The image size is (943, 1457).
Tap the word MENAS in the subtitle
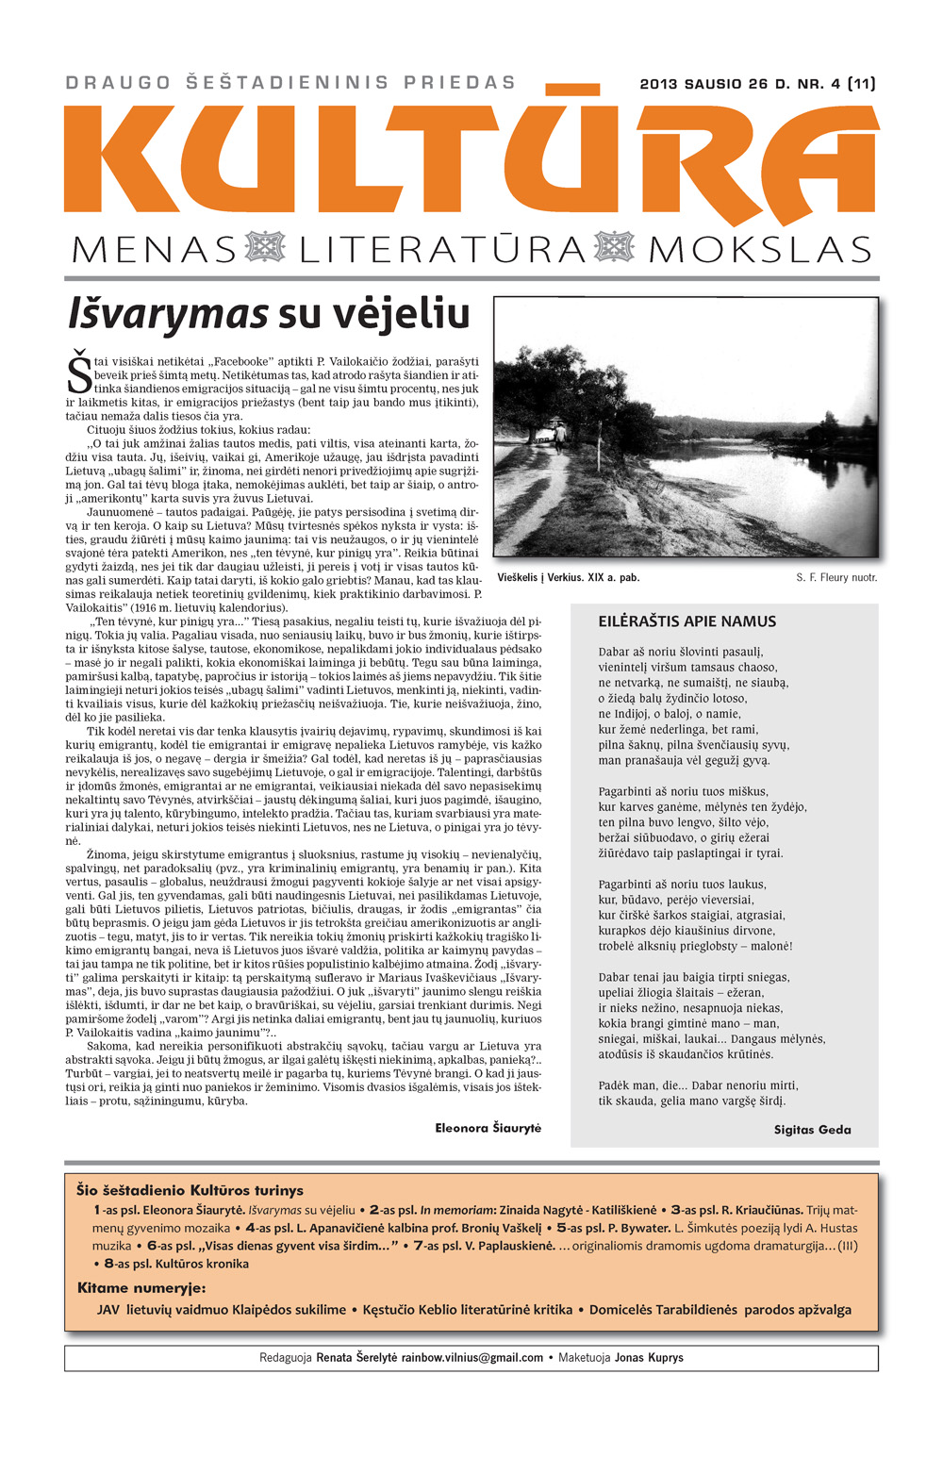point(154,250)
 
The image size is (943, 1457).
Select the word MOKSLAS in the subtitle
point(760,250)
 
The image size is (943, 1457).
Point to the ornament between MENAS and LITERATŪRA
point(264,248)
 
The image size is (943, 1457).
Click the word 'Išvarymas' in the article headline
point(169,315)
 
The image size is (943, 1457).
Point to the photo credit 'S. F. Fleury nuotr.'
point(836,577)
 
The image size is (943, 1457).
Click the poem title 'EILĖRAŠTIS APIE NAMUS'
point(687,621)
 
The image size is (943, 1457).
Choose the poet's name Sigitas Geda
point(812,1129)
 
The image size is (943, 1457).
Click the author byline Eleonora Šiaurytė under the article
point(488,1128)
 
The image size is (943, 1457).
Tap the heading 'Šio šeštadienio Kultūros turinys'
point(190,1190)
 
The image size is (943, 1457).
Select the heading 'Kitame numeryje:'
point(141,1287)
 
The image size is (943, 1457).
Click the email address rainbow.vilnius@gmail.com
point(472,1358)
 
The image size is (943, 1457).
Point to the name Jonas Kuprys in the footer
point(649,1358)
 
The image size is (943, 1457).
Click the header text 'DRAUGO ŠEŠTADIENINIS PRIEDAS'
point(290,83)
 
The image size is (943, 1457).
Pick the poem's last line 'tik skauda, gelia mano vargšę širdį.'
point(692,1101)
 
